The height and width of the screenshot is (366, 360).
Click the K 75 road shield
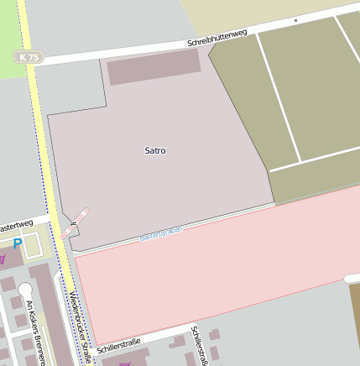click(x=28, y=57)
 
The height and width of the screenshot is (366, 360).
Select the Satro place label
click(x=155, y=151)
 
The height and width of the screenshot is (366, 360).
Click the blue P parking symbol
click(x=18, y=244)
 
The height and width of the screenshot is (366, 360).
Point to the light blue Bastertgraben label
click(x=160, y=234)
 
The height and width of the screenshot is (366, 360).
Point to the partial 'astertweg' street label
click(x=16, y=226)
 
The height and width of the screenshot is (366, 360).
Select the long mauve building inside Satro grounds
click(x=154, y=66)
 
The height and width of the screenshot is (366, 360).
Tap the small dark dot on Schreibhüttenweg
click(x=295, y=19)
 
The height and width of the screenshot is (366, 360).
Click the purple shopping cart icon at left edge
click(x=3, y=259)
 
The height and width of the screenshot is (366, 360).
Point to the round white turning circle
click(x=24, y=290)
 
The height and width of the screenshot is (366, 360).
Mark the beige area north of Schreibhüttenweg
click(x=252, y=13)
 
